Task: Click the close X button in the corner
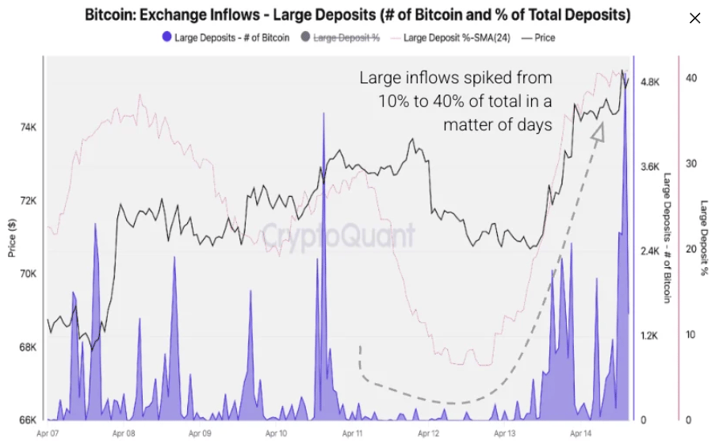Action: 694,18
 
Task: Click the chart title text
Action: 358,15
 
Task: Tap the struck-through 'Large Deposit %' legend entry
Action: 341,37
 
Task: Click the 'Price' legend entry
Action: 539,37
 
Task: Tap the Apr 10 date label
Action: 276,433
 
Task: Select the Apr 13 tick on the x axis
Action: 505,433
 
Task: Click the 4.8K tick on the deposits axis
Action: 650,82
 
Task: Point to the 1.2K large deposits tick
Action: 650,336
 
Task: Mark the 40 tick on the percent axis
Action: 690,78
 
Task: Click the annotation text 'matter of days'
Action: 497,125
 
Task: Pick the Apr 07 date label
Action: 48,433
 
